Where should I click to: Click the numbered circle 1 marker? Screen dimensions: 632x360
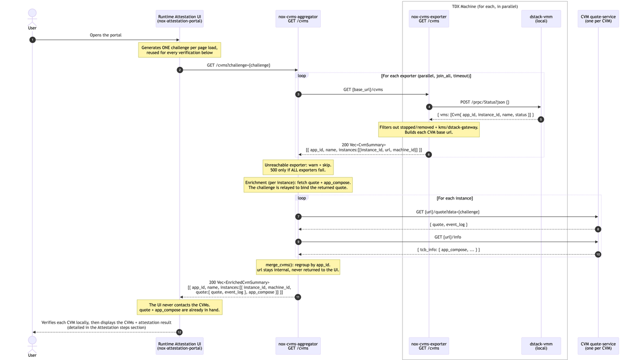pyautogui.click(x=33, y=40)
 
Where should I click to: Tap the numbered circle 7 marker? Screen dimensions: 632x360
pyautogui.click(x=298, y=216)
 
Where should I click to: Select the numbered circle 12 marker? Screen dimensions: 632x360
pyautogui.click(x=179, y=332)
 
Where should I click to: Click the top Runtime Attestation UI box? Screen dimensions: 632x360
pyautogui.click(x=180, y=19)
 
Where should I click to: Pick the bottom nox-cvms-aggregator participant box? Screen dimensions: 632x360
pyautogui.click(x=298, y=346)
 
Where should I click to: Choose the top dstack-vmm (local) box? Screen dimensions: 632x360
pyautogui.click(x=541, y=19)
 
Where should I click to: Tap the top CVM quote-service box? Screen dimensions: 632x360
pyautogui.click(x=598, y=19)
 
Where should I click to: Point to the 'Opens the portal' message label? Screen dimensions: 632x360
pyautogui.click(x=105, y=35)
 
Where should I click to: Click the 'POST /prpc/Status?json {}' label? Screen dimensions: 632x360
pyautogui.click(x=485, y=102)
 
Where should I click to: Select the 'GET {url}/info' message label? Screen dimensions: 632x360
pyautogui.click(x=448, y=237)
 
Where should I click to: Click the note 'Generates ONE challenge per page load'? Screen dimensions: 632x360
pyautogui.click(x=180, y=50)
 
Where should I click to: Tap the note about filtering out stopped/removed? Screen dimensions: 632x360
pyautogui.click(x=429, y=129)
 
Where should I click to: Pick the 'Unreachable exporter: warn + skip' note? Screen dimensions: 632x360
pyautogui.click(x=298, y=167)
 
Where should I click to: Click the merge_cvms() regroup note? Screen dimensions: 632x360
pyautogui.click(x=298, y=267)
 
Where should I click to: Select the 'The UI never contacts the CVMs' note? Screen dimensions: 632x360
pyautogui.click(x=180, y=307)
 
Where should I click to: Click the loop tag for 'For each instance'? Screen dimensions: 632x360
pyautogui.click(x=302, y=198)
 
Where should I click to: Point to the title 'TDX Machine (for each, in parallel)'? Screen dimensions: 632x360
pyautogui.click(x=485, y=6)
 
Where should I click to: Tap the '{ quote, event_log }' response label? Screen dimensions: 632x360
pyautogui.click(x=448, y=224)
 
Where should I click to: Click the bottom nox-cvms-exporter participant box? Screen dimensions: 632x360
pyautogui.click(x=429, y=346)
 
